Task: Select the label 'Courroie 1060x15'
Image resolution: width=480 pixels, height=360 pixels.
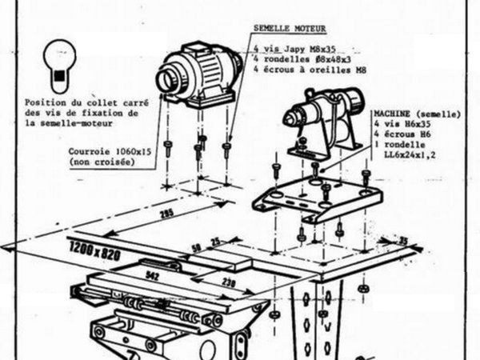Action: [x=98, y=151]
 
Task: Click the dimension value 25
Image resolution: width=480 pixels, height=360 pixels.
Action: [x=214, y=240]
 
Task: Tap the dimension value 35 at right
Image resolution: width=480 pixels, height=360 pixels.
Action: [x=403, y=240]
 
